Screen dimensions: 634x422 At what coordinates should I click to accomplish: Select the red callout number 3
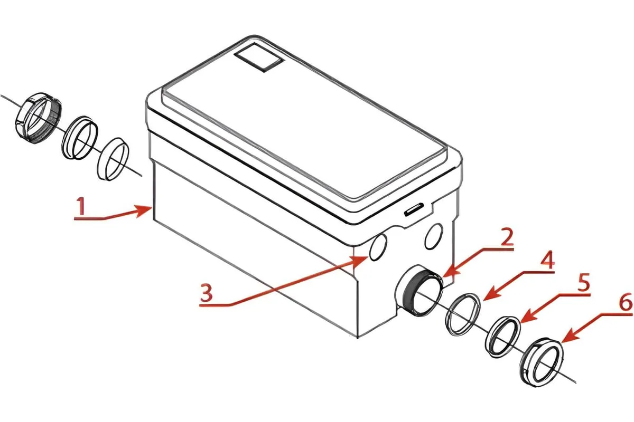pos(207,293)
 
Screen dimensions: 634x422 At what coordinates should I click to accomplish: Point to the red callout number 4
pos(547,260)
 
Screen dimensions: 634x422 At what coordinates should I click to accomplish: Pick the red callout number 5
pos(584,282)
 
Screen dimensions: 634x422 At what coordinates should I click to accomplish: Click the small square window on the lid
pos(259,57)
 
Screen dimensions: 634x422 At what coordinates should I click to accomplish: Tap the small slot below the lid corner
pos(414,211)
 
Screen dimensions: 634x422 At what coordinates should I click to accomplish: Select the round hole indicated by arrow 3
pos(378,247)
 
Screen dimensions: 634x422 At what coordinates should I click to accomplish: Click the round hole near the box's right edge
pos(434,236)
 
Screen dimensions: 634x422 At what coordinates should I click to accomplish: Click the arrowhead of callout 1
pos(144,211)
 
